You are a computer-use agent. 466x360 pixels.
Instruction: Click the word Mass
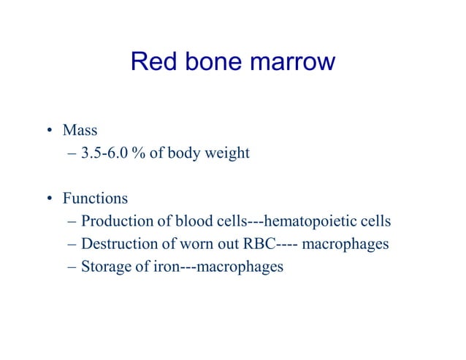(x=80, y=131)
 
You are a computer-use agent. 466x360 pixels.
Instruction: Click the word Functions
(x=95, y=198)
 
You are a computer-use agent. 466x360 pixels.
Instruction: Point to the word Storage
(x=104, y=267)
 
